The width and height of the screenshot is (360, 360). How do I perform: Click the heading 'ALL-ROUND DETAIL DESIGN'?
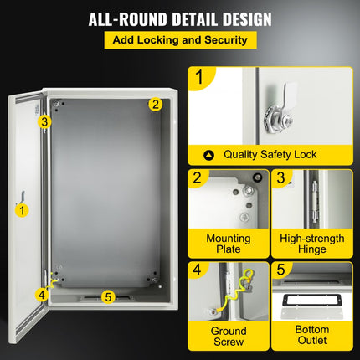[180, 18]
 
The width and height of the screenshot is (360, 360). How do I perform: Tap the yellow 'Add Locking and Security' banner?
[180, 40]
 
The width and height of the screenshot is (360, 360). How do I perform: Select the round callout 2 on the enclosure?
[155, 105]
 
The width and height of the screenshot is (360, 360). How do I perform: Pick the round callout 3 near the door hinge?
[44, 121]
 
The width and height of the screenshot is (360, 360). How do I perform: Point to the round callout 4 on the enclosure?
[41, 294]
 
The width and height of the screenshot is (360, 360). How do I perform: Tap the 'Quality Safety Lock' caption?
[265, 155]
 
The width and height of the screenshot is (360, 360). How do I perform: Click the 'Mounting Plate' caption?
[229, 244]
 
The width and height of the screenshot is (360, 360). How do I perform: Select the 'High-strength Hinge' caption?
[311, 244]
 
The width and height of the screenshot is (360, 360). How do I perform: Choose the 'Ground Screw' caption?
[229, 337]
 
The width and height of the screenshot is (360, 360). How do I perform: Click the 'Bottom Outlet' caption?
[311, 337]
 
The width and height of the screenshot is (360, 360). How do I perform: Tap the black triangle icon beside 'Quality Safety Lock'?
[208, 155]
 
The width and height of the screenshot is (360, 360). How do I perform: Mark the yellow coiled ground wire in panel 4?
[230, 294]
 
